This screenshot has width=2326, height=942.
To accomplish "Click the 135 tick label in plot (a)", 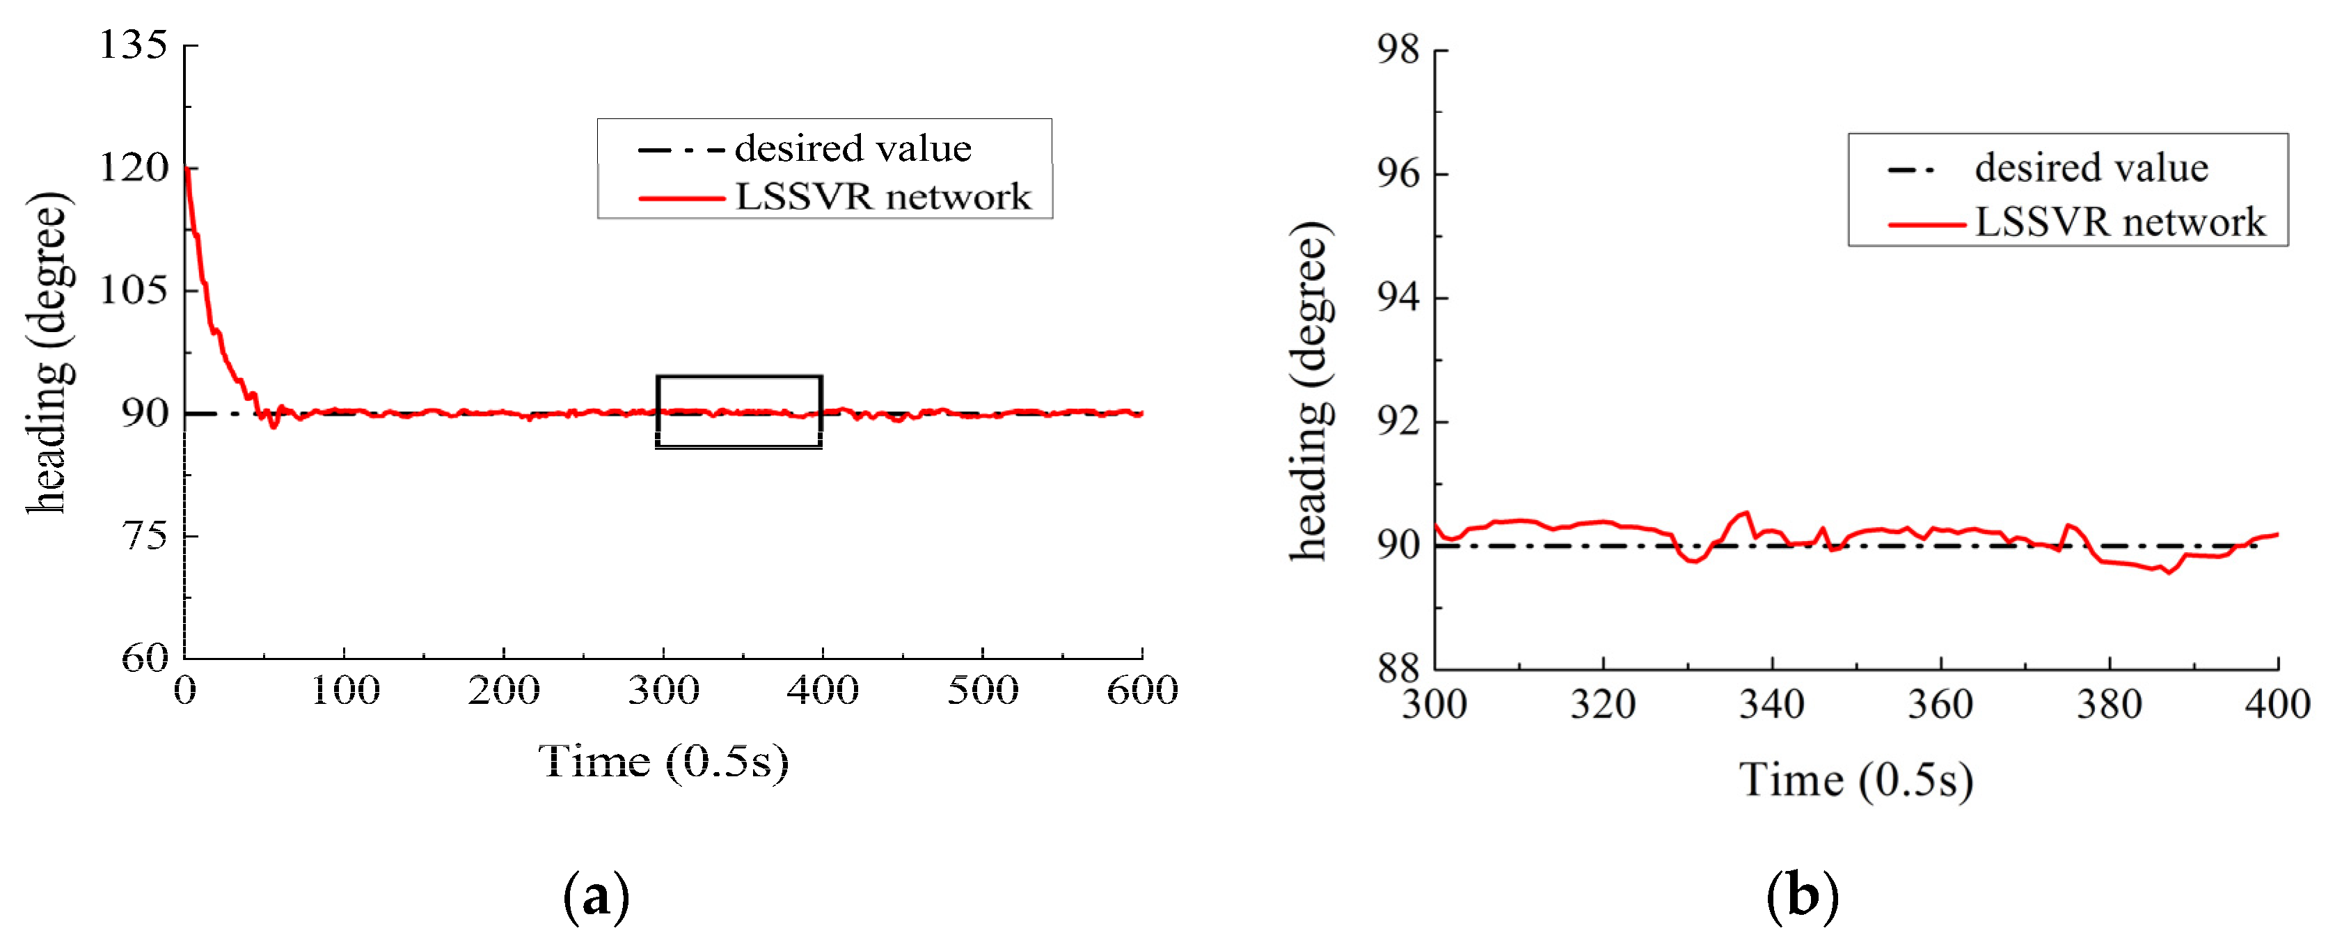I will (134, 45).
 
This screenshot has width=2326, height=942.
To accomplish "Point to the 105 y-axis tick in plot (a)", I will (134, 291).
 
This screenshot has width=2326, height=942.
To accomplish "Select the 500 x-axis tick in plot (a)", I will (983, 691).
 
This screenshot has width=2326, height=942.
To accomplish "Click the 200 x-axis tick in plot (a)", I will (504, 691).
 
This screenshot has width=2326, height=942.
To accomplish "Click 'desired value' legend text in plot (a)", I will (853, 148).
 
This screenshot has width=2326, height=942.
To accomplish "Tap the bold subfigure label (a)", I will (596, 896).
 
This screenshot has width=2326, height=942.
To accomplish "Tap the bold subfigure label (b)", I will (1803, 896).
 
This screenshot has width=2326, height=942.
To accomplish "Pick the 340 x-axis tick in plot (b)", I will (1771, 705).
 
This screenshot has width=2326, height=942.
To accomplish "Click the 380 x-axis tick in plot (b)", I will (2110, 705).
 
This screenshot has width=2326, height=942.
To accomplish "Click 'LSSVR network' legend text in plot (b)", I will (2120, 222).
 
